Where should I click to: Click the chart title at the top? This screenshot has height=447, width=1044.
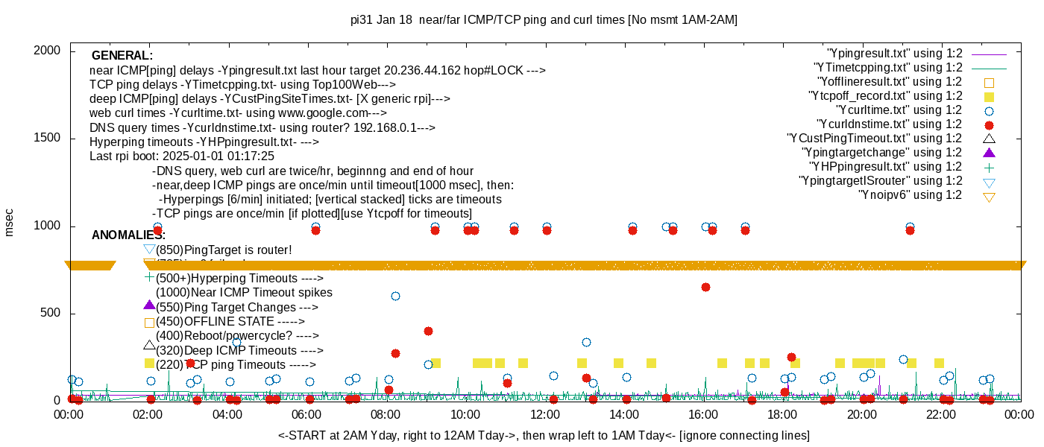(x=544, y=19)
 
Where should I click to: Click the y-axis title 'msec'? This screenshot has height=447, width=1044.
(x=9, y=222)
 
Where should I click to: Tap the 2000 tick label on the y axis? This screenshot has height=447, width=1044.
(x=48, y=51)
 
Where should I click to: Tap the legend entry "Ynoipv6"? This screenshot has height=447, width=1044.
(x=910, y=195)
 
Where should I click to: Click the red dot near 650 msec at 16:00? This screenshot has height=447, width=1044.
(x=705, y=287)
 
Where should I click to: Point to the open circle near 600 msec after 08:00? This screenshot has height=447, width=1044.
(x=395, y=296)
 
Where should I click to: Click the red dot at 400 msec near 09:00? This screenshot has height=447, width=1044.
(x=428, y=331)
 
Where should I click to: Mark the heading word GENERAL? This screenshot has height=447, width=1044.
(x=122, y=56)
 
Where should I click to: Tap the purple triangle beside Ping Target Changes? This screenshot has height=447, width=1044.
(x=149, y=305)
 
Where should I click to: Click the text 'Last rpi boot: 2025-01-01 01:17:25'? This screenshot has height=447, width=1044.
(x=182, y=156)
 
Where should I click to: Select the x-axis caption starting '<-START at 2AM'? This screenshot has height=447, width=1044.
(x=544, y=435)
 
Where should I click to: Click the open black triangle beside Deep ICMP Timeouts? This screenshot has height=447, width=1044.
(x=149, y=346)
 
